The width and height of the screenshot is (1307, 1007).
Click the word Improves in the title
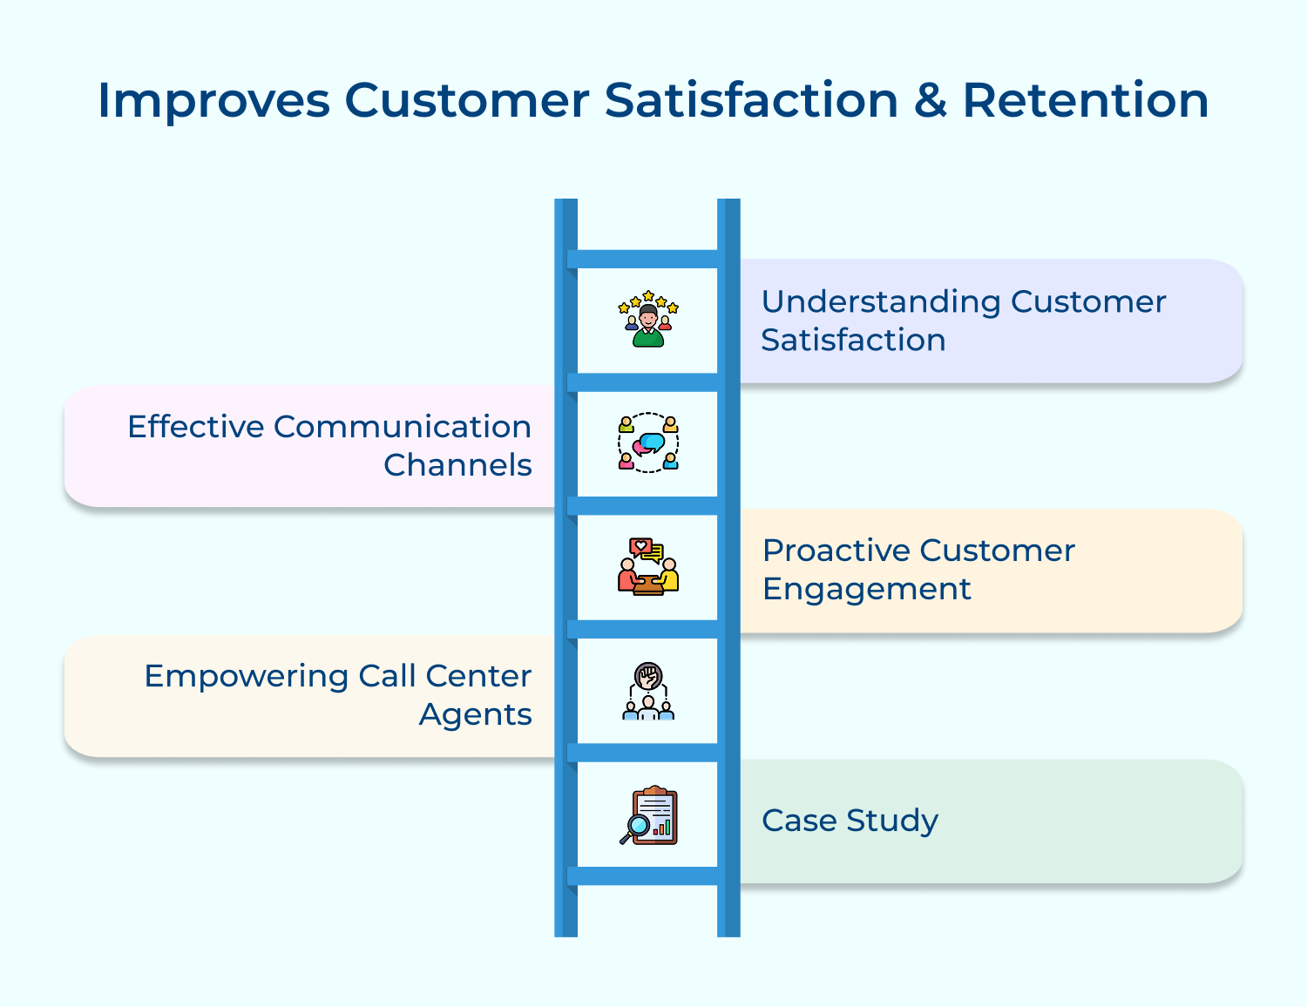213,101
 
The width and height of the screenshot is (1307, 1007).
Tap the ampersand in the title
930,101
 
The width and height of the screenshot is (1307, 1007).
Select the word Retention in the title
1085,101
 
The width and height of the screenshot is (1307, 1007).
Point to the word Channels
457,465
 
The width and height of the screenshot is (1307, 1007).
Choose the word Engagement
866,589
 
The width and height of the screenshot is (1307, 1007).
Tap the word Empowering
246,676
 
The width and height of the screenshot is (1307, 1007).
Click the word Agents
475,714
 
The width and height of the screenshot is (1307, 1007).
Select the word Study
892,821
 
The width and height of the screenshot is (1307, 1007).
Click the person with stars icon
647,319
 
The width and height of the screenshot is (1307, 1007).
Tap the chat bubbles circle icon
647,443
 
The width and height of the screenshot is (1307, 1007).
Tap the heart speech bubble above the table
641,547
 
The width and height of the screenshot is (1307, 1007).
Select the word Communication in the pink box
402,427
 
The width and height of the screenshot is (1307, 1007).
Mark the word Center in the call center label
478,676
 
